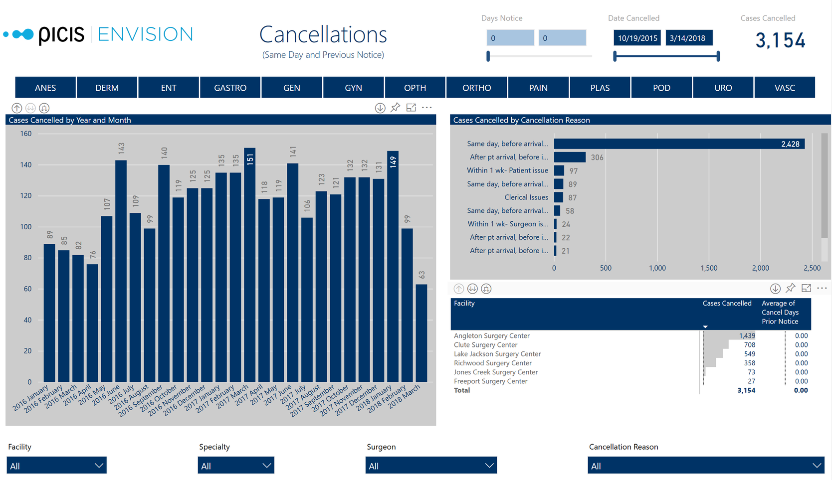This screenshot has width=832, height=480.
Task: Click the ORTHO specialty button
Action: click(x=476, y=88)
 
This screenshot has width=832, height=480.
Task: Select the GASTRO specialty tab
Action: click(x=230, y=88)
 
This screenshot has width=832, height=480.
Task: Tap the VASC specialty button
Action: click(x=784, y=88)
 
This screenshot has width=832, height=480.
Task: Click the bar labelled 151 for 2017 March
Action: click(x=250, y=264)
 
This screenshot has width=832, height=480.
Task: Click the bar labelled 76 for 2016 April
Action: click(x=92, y=323)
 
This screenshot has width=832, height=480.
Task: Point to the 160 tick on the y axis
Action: click(x=26, y=134)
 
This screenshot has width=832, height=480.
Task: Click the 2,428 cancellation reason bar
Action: click(x=678, y=144)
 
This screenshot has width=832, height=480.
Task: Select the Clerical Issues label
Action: click(x=526, y=197)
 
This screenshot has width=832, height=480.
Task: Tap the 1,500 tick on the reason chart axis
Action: click(x=709, y=268)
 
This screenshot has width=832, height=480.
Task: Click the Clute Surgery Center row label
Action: click(x=485, y=345)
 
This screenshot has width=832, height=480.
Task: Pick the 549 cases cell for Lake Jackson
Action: click(x=749, y=354)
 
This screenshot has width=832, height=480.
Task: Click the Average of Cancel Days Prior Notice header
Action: click(x=780, y=313)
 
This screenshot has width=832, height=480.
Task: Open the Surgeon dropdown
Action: click(x=431, y=466)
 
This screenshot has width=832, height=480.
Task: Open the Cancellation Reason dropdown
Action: click(x=705, y=466)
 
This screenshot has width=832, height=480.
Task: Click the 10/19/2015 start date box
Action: click(x=637, y=38)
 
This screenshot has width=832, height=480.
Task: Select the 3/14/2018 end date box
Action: click(x=688, y=38)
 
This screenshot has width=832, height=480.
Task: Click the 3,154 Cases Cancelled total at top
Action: click(x=780, y=40)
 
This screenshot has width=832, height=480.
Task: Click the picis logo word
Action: click(x=61, y=34)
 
